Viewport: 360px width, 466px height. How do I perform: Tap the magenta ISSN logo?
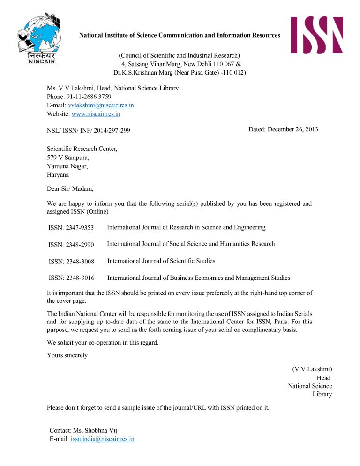pyautogui.click(x=316, y=35)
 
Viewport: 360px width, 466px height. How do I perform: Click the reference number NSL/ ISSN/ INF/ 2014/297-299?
pyautogui.click(x=89, y=130)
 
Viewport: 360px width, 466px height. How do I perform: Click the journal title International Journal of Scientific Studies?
pyautogui.click(x=161, y=261)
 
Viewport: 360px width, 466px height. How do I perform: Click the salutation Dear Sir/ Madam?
pyautogui.click(x=70, y=189)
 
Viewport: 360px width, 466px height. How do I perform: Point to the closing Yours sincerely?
pyautogui.click(x=67, y=355)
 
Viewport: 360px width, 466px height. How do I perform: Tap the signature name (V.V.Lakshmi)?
pyautogui.click(x=312, y=369)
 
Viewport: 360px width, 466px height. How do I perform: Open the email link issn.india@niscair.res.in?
pyautogui.click(x=102, y=439)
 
